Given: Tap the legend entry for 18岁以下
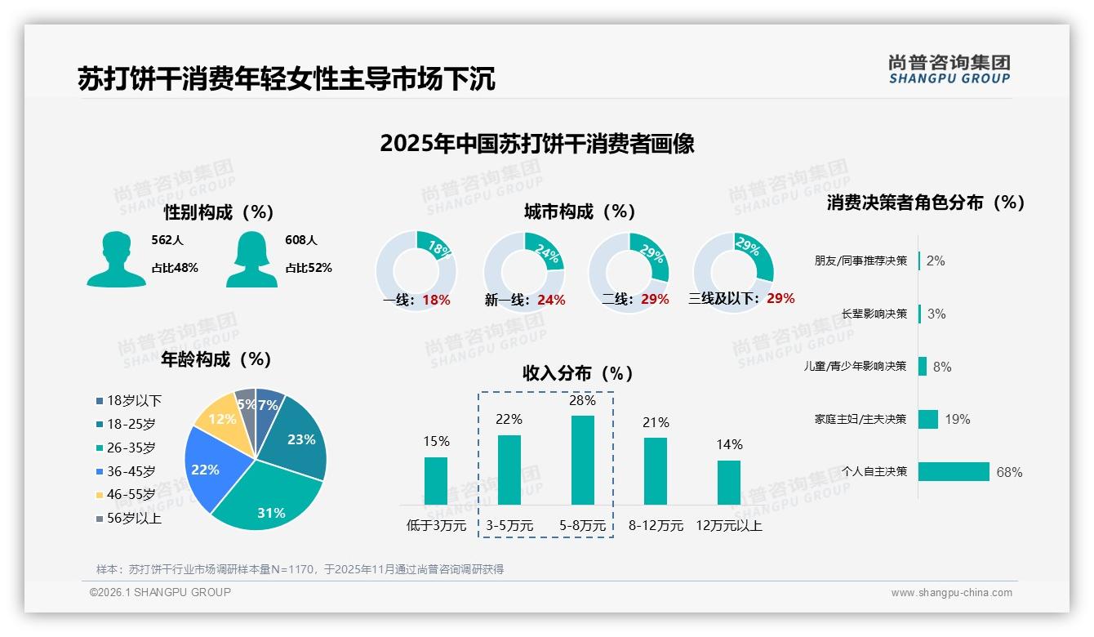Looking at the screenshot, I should pyautogui.click(x=134, y=401).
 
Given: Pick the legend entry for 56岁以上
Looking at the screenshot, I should pyautogui.click(x=134, y=519).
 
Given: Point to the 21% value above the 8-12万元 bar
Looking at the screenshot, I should pyautogui.click(x=656, y=422).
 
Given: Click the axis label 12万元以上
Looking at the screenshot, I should pyautogui.click(x=729, y=526).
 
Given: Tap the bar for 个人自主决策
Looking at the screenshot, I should pyautogui.click(x=954, y=472).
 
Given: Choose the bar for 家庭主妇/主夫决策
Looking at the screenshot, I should pyautogui.click(x=928, y=419).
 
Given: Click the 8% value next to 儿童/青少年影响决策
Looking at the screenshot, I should pyautogui.click(x=942, y=367).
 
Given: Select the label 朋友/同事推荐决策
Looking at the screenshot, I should pyautogui.click(x=861, y=261).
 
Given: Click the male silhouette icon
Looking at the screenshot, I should pyautogui.click(x=116, y=259).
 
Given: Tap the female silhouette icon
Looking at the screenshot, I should pyautogui.click(x=251, y=259).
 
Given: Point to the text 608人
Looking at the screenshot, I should pyautogui.click(x=301, y=240).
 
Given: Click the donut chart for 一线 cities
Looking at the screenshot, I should pyautogui.click(x=416, y=271).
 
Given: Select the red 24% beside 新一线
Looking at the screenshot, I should pyautogui.click(x=551, y=301).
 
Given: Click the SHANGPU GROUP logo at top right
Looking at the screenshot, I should pyautogui.click(x=949, y=69).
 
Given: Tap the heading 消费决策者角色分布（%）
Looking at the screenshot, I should pyautogui.click(x=925, y=203).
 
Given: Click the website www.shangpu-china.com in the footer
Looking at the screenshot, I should pyautogui.click(x=951, y=593).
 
